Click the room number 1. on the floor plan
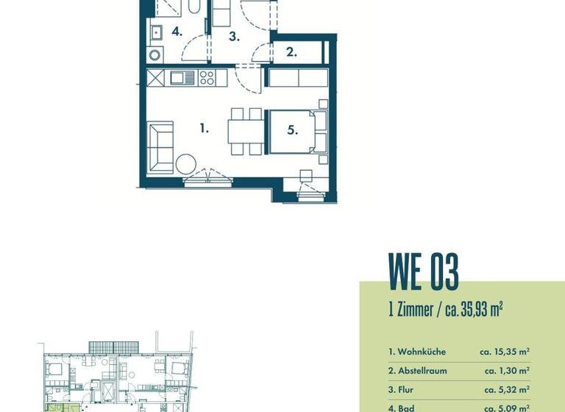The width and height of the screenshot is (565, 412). click(204, 128)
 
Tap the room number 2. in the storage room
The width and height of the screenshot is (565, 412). click(291, 52)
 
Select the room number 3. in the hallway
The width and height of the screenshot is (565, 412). click(234, 36)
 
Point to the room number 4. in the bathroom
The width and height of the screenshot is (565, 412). click(177, 32)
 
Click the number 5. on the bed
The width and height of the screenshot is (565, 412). click(292, 130)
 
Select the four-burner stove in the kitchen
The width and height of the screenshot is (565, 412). click(207, 77)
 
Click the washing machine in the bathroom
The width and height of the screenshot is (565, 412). click(154, 54)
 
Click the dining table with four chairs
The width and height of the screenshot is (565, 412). click(245, 132)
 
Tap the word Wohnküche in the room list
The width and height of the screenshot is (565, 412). click(422, 352)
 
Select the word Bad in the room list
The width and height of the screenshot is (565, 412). click(405, 407)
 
